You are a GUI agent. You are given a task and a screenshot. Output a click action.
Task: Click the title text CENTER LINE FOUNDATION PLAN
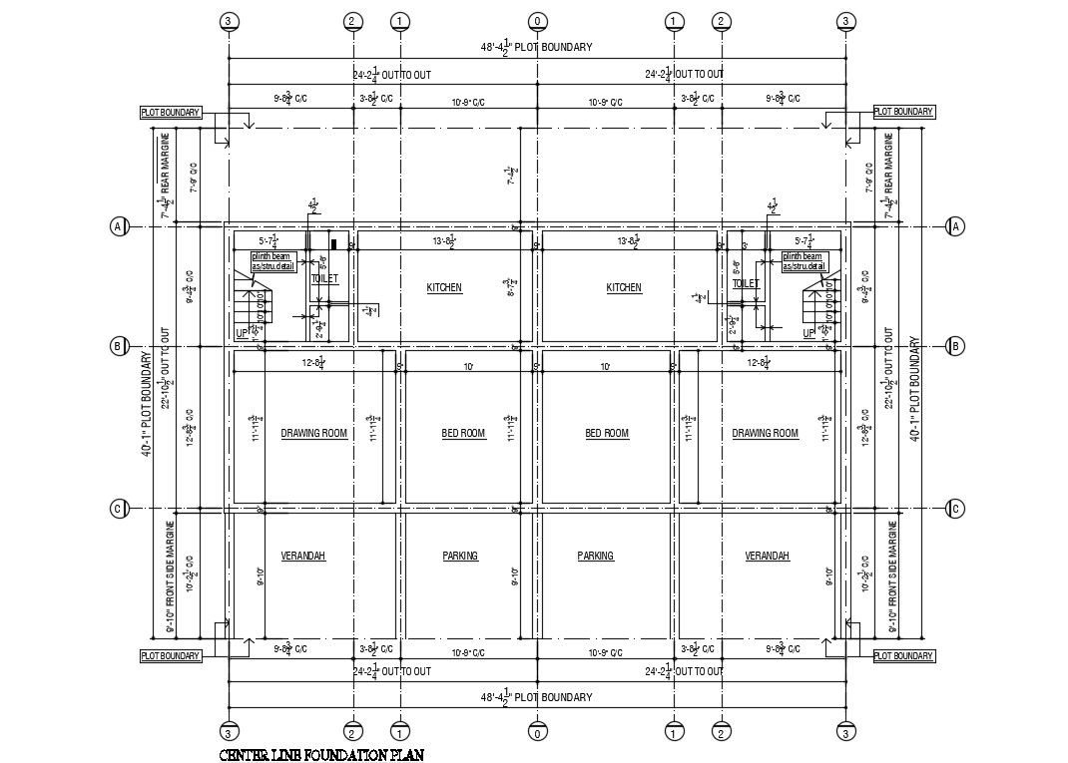coord(321,755)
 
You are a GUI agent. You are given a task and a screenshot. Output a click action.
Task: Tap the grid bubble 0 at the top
coord(537,21)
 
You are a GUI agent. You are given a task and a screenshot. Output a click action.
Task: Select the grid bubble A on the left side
coord(117,227)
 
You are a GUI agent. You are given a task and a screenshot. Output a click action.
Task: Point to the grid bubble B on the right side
coord(955,347)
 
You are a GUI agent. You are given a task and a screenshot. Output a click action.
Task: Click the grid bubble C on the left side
coord(117,510)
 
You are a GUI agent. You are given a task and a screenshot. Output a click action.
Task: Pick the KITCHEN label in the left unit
coord(444,288)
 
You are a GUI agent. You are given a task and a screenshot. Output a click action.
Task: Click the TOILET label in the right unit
coord(746,283)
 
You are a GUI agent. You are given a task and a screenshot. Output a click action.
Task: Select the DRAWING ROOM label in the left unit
coord(313,434)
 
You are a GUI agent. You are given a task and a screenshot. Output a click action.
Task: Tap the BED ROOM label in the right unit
coord(607,434)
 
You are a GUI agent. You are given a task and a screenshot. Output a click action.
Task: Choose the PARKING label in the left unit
coord(460,557)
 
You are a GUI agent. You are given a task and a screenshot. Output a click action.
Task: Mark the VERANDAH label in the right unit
coord(768,557)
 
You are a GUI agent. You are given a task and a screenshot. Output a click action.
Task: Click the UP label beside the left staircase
coord(242,333)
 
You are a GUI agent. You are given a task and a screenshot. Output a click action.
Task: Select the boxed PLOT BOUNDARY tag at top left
coord(170,113)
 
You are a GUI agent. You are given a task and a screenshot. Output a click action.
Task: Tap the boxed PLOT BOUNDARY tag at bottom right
coord(904,656)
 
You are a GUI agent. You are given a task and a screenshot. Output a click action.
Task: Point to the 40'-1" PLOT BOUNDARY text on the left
coord(147,404)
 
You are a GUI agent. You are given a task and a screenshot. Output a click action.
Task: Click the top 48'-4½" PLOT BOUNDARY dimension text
coord(537,47)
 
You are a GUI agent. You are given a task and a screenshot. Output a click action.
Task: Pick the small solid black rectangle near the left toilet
coord(334,242)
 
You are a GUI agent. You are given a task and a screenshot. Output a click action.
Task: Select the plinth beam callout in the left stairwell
coord(272,261)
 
